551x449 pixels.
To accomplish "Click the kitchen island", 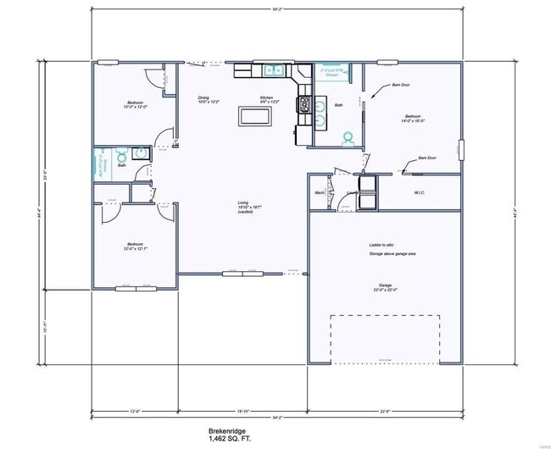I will click(x=256, y=116).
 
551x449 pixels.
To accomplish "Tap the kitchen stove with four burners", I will click(x=304, y=104).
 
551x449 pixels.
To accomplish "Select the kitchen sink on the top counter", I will click(x=275, y=71).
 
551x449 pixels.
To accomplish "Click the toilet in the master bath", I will click(x=347, y=136).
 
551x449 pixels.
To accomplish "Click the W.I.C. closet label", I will click(x=419, y=191).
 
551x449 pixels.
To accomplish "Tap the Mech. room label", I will click(x=320, y=192).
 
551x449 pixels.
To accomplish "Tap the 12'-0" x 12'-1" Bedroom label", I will click(x=136, y=246).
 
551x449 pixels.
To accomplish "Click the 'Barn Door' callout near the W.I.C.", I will click(x=427, y=158).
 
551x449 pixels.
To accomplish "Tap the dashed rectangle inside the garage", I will click(x=386, y=337).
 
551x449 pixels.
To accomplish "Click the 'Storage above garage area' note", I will click(x=392, y=253).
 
